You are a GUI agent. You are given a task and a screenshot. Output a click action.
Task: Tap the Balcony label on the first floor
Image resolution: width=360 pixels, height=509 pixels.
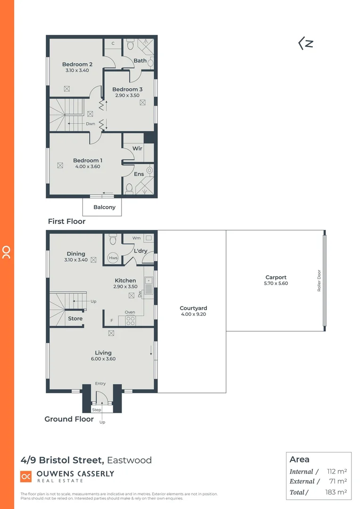[x=104, y=207]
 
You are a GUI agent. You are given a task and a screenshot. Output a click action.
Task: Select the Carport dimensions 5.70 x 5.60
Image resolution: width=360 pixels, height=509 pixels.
[x=276, y=284]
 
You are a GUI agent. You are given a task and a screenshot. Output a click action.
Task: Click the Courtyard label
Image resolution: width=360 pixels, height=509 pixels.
[x=193, y=308]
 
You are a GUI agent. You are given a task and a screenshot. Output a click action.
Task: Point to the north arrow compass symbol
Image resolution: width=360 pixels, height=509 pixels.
[x=306, y=44]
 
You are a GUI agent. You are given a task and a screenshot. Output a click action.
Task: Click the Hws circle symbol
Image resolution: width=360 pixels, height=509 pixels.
[x=113, y=258]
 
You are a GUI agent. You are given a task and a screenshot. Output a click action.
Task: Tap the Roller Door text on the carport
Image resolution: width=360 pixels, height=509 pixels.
[x=319, y=280]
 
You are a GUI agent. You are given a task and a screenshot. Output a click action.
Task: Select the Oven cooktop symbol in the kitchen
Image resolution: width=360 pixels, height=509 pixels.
[x=130, y=320]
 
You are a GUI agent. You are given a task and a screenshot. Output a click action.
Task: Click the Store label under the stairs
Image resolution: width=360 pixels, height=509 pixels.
[x=75, y=319]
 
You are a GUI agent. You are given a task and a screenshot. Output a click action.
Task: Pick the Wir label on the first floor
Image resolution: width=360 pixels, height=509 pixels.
[x=137, y=148]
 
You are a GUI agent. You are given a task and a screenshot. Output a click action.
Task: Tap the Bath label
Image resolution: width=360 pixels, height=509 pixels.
[x=140, y=61]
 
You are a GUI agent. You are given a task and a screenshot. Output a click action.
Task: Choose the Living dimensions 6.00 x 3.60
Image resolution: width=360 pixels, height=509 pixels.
[x=103, y=359]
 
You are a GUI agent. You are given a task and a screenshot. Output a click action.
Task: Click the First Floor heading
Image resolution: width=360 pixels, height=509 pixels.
[x=66, y=221]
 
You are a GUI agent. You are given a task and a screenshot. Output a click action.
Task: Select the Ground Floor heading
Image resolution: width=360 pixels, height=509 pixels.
[x=69, y=419]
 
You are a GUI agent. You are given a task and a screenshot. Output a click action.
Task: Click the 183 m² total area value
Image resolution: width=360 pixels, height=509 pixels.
[x=336, y=492]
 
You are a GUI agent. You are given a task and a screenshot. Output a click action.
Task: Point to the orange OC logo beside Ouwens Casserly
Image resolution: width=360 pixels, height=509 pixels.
[x=26, y=476]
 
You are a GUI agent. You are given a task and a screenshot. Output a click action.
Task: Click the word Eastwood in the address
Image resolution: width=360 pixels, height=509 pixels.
[x=130, y=460]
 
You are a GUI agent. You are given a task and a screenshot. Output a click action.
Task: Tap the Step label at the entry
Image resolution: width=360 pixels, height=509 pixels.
[x=97, y=410]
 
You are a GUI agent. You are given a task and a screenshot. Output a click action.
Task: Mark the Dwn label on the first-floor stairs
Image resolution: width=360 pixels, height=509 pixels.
[x=90, y=124]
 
